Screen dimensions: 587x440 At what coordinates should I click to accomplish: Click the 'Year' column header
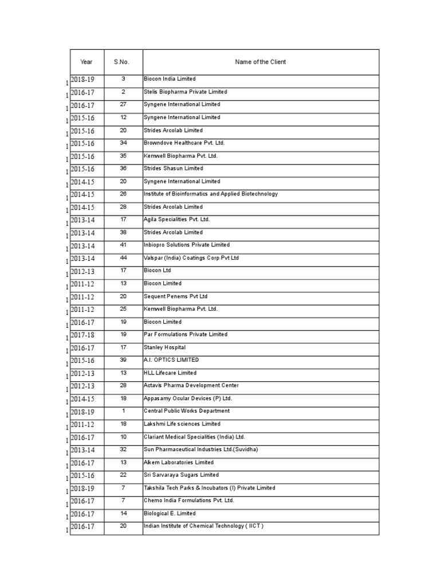pyautogui.click(x=87, y=62)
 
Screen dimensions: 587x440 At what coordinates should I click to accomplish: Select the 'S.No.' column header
pyautogui.click(x=123, y=62)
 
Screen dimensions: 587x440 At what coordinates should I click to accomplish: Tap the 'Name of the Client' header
pyautogui.click(x=261, y=62)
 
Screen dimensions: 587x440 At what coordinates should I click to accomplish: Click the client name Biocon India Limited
pyautogui.click(x=170, y=79)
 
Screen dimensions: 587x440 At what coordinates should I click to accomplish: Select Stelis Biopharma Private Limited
pyautogui.click(x=185, y=92)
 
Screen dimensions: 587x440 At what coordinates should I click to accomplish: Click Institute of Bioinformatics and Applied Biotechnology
pyautogui.click(x=211, y=194)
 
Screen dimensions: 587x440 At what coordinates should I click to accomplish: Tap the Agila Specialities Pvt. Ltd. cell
pyautogui.click(x=177, y=220)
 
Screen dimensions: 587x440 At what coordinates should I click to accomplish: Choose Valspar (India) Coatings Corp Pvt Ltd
pyautogui.click(x=191, y=258)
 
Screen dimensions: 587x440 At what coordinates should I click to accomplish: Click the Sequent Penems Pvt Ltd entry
pyautogui.click(x=175, y=296)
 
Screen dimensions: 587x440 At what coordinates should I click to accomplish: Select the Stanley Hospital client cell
pyautogui.click(x=165, y=347)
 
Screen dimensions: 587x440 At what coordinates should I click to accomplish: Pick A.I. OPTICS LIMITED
pyautogui.click(x=171, y=360)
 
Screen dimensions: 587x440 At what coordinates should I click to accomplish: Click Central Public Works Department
pyautogui.click(x=187, y=411)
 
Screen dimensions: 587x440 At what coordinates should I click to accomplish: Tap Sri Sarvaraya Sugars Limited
pyautogui.click(x=181, y=475)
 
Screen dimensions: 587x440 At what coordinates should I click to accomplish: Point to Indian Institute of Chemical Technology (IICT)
pyautogui.click(x=203, y=526)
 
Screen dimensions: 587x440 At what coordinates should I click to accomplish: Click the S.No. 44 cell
pyautogui.click(x=123, y=258)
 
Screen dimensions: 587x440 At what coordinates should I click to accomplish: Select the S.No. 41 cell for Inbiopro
pyautogui.click(x=123, y=245)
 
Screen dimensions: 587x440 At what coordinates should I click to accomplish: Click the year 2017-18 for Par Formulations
pyautogui.click(x=82, y=335)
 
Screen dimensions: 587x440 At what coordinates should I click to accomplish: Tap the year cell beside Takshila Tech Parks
pyautogui.click(x=82, y=488)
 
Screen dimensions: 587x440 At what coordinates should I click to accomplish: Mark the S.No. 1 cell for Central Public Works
pyautogui.click(x=123, y=411)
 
